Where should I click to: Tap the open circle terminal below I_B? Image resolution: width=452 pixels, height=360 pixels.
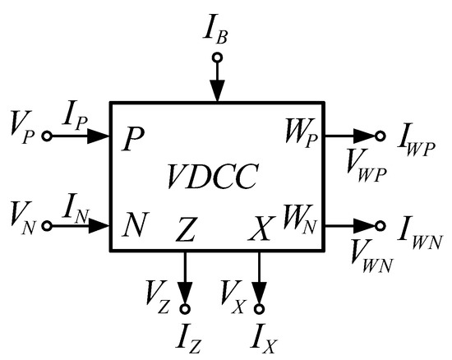pos(216,58)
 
